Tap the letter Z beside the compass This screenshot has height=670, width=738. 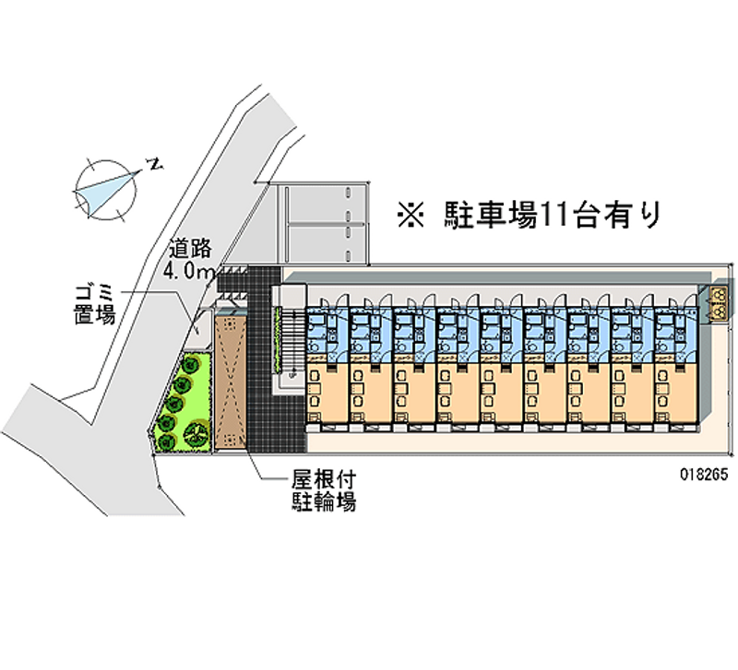pos(156,165)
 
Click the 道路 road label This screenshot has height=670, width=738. pos(191,248)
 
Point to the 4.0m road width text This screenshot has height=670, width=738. pos(189,271)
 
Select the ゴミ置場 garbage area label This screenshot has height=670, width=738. pos(95,304)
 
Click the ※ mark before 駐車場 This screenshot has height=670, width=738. pos(409,215)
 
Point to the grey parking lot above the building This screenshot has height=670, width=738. pos(323,221)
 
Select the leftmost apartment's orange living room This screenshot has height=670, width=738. pos(327,392)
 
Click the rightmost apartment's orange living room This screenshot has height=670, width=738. pos(677,392)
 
